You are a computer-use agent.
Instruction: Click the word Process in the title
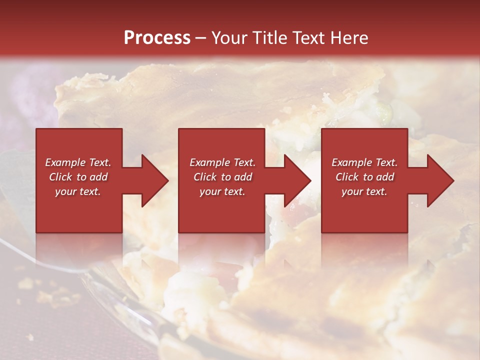[157, 38]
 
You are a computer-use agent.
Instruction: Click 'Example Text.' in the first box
[78, 162]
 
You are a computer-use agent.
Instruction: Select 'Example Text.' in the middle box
[222, 162]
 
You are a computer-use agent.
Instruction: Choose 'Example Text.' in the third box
[364, 162]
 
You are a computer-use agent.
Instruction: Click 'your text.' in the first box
[78, 191]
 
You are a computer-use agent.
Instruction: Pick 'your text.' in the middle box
[222, 191]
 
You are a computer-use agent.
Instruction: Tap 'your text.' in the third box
[364, 191]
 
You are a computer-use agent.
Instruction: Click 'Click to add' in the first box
[78, 177]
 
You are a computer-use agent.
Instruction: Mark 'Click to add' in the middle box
[222, 177]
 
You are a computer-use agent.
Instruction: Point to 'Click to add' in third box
[364, 177]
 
